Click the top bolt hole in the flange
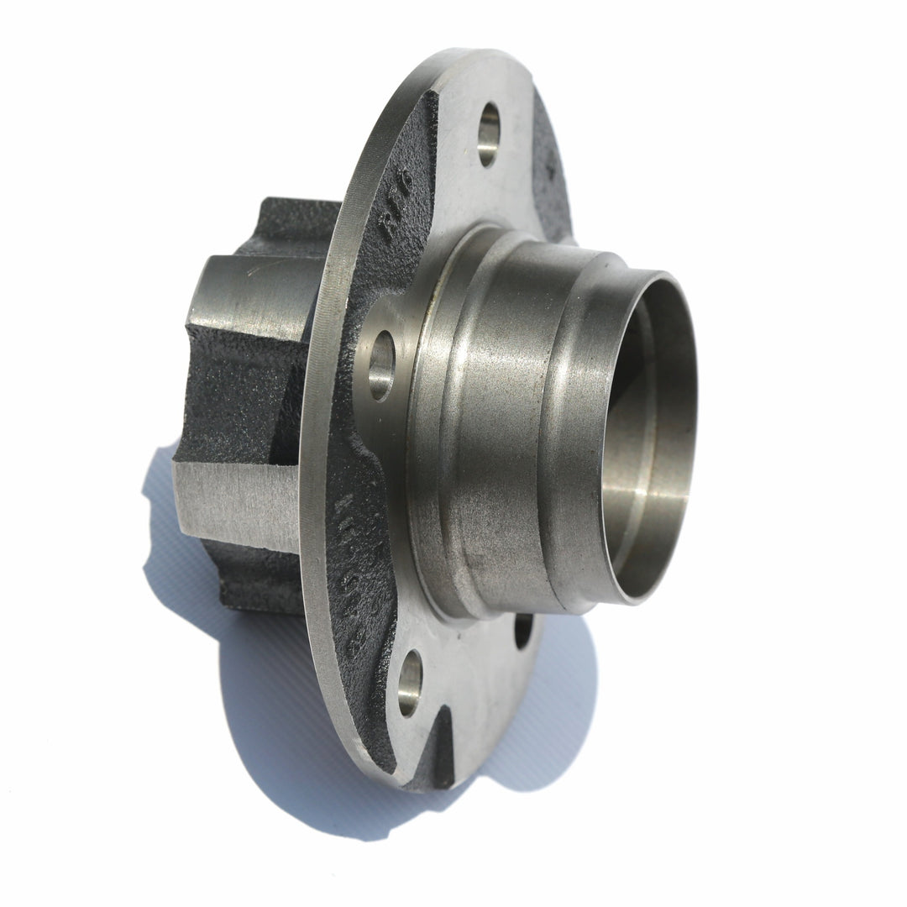click(489, 134)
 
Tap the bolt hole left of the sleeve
click(380, 364)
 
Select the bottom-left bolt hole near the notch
click(410, 682)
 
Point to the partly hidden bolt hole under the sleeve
click(523, 630)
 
